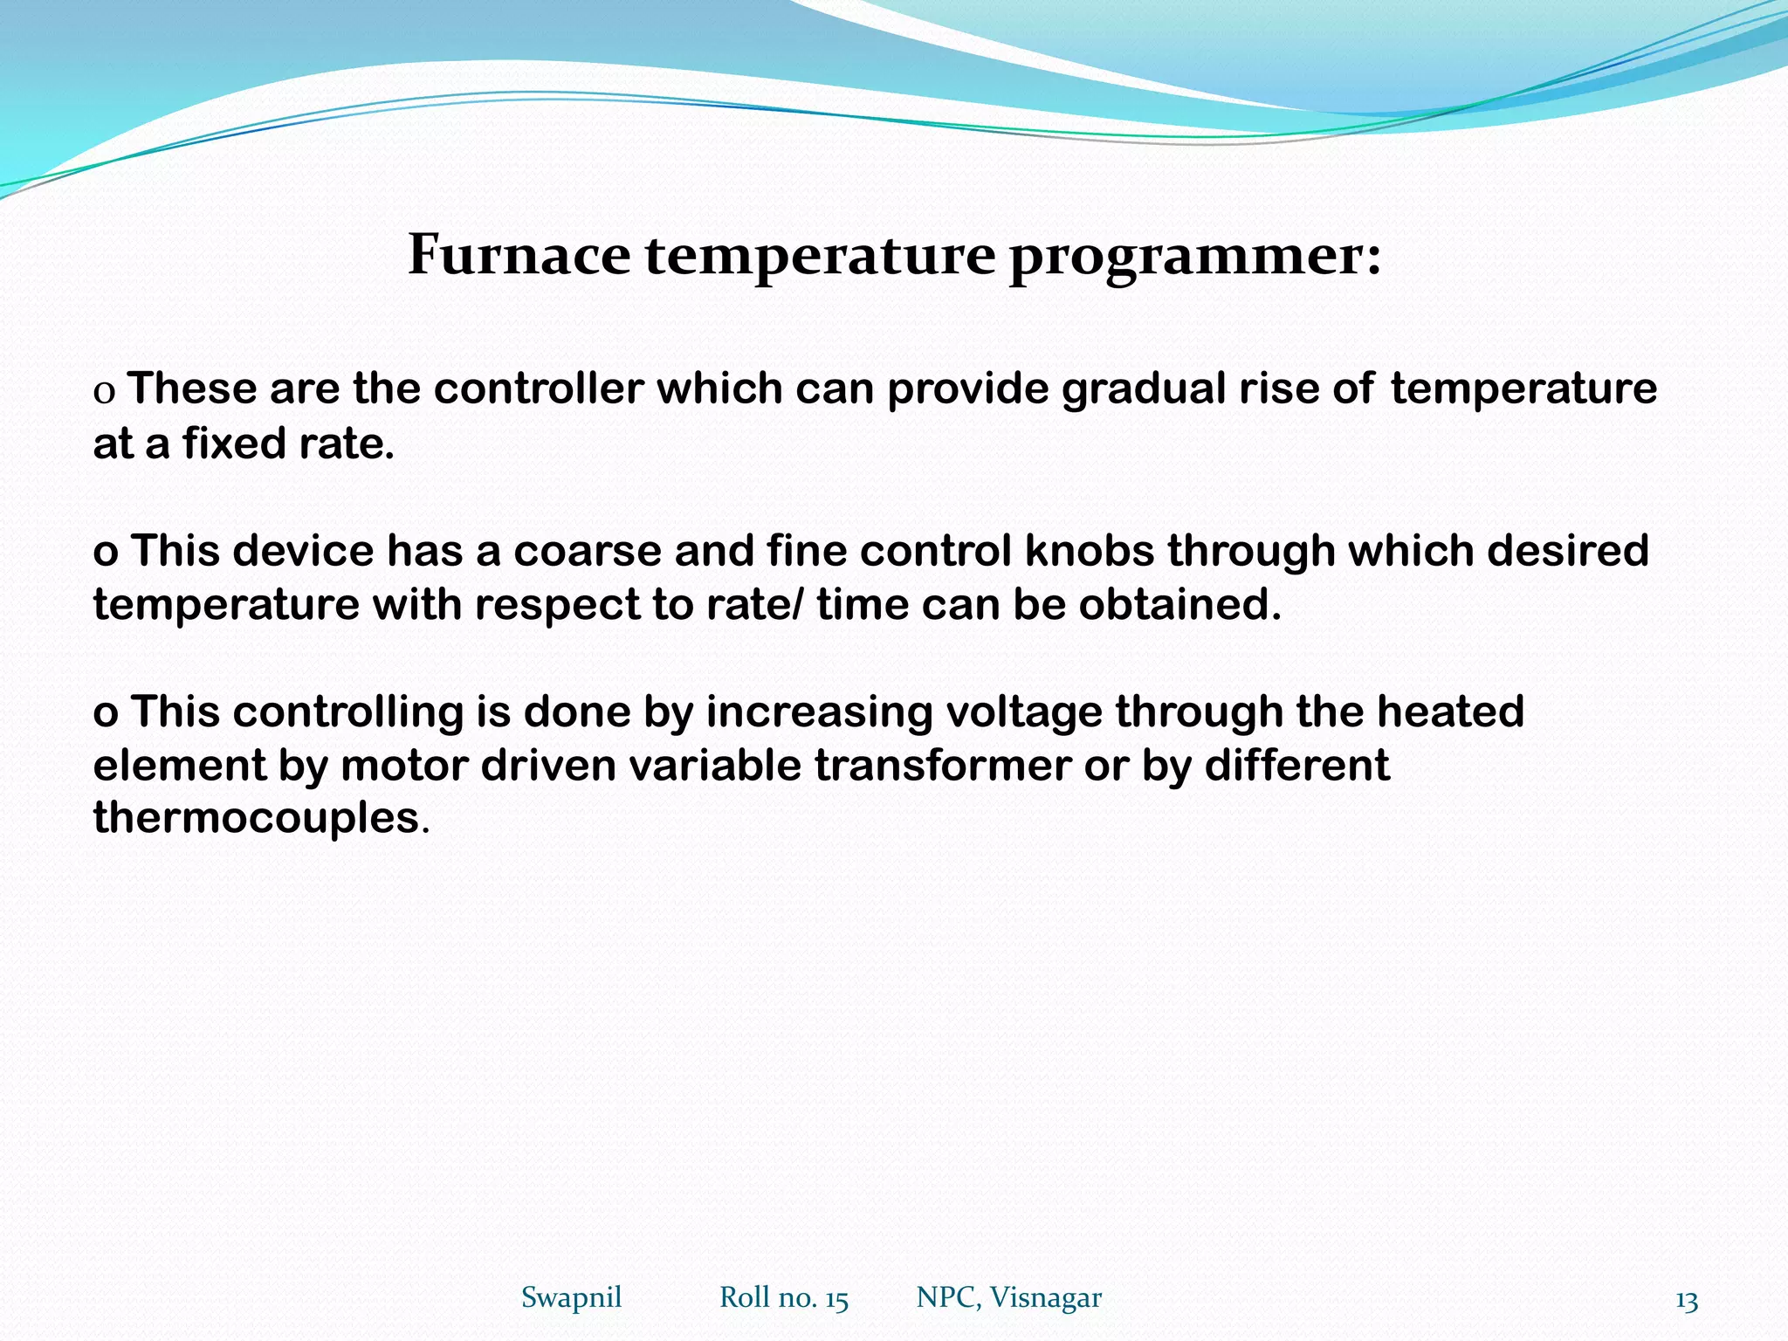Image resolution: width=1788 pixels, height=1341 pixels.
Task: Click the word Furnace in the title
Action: point(519,255)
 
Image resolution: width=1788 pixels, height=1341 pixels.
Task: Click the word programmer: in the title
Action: point(1195,257)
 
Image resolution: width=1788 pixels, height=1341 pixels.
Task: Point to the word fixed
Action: point(233,444)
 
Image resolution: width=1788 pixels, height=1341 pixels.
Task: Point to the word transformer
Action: point(942,766)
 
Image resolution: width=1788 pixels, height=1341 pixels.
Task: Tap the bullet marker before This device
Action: point(105,553)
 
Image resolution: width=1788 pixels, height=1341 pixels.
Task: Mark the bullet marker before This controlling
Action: point(105,713)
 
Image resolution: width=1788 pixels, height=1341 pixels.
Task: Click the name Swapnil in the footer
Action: point(571,1297)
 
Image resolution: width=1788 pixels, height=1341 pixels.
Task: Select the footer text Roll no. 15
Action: point(783,1297)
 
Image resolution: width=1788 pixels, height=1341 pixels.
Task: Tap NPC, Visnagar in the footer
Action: point(1008,1297)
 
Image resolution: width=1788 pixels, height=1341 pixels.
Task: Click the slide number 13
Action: point(1687,1302)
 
